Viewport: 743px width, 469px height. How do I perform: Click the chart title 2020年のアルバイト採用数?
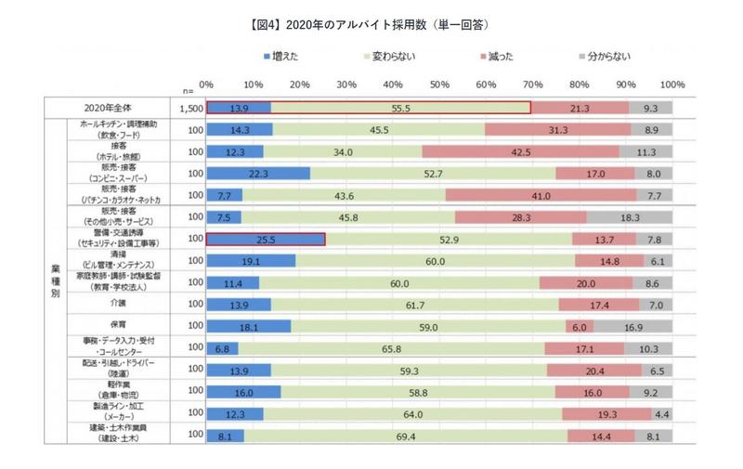[x=371, y=20]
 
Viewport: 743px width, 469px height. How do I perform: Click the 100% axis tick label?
[x=671, y=84]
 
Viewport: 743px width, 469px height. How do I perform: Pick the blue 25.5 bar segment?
[x=266, y=239]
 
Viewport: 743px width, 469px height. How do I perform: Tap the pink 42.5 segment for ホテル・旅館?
[x=520, y=151]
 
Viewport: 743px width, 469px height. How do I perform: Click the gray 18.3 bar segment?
[x=630, y=216]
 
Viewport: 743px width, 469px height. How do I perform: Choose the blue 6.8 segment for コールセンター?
[x=222, y=348]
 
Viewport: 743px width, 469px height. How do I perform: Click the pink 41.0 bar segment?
[x=541, y=195]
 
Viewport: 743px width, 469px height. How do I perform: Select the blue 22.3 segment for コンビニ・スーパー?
[x=258, y=173]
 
